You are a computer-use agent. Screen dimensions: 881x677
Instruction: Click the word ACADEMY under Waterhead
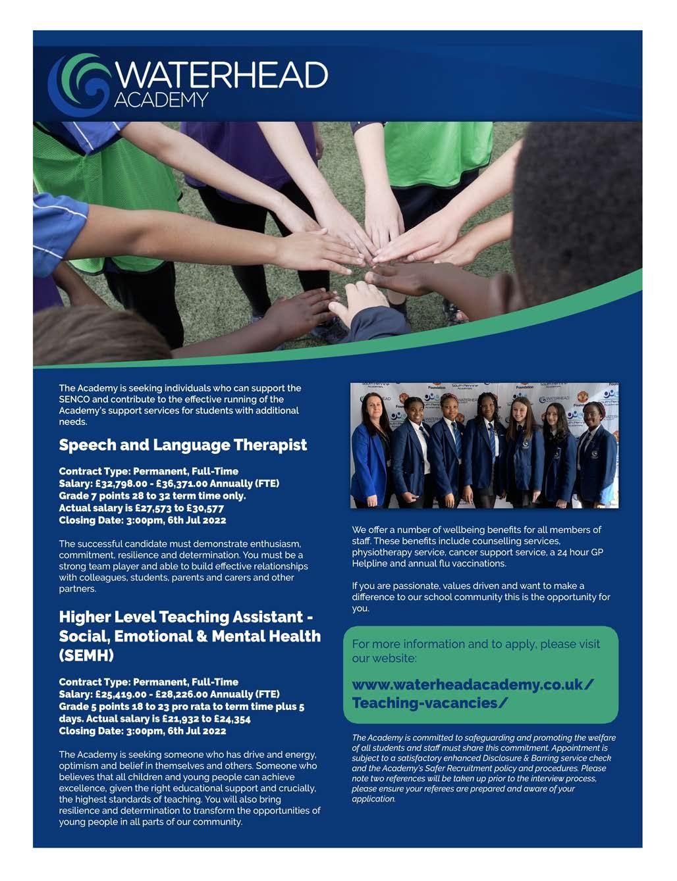[x=161, y=100]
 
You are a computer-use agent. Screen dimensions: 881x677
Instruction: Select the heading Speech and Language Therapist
[x=182, y=445]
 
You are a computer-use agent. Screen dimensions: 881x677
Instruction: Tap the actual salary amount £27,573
[x=156, y=508]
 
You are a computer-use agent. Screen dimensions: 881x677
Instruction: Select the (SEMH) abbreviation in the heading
[x=86, y=656]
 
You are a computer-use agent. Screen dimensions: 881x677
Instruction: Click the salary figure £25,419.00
[x=121, y=694]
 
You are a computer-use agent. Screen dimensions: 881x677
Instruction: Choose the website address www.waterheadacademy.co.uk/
[x=473, y=685]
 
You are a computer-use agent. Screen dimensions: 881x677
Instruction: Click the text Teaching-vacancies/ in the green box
[x=429, y=703]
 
